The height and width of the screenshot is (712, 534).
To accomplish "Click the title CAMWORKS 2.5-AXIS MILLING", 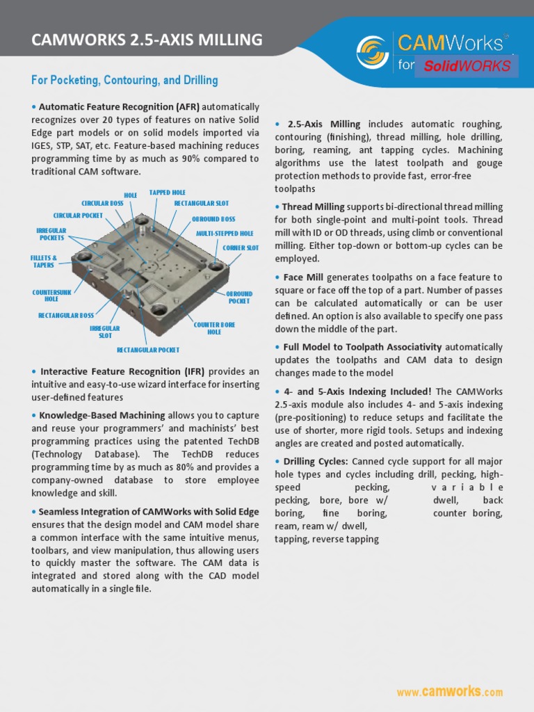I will coord(147,40).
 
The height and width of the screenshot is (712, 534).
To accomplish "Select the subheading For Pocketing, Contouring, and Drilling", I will coord(124,81).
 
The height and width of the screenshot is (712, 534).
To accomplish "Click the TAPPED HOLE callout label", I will coord(168,193).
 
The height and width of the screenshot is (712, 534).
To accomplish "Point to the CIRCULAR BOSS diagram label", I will coord(102,203).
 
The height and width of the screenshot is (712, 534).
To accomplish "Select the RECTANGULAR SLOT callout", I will coord(201,203).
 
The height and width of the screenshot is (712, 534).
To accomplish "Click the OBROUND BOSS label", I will coord(213,219).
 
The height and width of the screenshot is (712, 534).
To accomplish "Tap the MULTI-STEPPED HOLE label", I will coord(225,234).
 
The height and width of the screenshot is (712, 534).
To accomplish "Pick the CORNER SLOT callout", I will coord(241,248).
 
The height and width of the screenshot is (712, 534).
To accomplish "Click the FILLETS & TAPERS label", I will coord(44,261).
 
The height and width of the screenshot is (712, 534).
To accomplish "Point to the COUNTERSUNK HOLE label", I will coord(51,296).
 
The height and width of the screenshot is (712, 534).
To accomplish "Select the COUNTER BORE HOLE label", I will coord(214,328).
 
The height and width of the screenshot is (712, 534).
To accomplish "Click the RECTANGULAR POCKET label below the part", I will coord(148,350).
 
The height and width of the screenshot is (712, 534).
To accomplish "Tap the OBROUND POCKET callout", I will coord(239,298).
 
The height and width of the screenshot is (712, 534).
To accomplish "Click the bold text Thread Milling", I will coord(313,207).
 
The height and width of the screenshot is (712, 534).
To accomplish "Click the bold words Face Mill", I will coord(303,277).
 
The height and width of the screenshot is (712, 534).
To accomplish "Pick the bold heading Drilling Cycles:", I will coord(315,461).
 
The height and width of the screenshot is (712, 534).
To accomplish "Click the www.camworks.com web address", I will coord(449,692).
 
